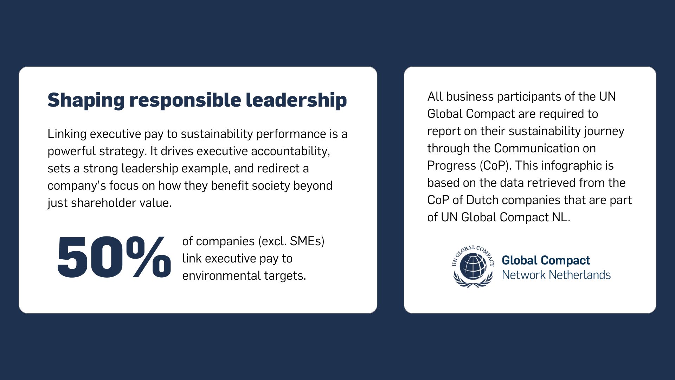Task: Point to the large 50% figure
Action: point(114,257)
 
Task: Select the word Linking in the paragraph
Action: point(67,134)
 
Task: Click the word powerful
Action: point(72,151)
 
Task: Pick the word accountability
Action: point(290,151)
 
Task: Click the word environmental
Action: point(221,276)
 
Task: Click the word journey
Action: point(604,131)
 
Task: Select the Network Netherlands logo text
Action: point(556,275)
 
